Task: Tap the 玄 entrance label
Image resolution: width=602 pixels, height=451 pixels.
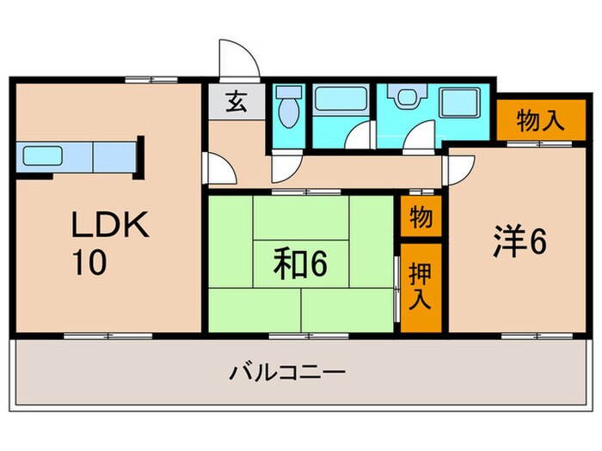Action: pyautogui.click(x=236, y=101)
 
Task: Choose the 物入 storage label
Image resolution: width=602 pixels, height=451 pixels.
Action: pyautogui.click(x=540, y=121)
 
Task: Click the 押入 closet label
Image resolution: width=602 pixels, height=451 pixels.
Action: pyautogui.click(x=421, y=287)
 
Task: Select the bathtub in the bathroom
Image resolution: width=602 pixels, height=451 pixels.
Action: pyautogui.click(x=338, y=101)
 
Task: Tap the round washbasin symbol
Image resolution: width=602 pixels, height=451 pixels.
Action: pyautogui.click(x=403, y=99)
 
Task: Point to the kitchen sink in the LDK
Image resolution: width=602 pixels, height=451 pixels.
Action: pyautogui.click(x=42, y=157)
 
